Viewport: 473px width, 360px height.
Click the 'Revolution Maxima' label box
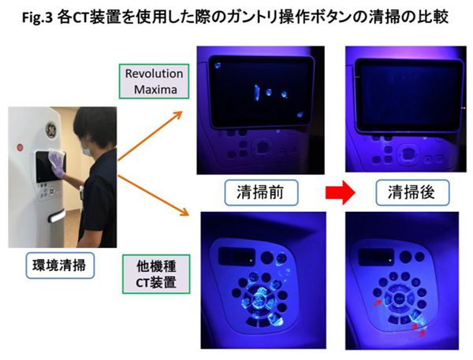155,81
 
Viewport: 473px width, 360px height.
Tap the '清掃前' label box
261,193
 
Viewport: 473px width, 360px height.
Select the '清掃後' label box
412,193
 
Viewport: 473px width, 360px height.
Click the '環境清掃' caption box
60,265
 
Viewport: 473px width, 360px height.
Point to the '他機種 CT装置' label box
156,274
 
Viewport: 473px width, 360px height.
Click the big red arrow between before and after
341,193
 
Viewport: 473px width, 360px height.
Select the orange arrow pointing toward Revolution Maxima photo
151,135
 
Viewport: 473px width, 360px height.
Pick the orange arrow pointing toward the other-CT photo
153,195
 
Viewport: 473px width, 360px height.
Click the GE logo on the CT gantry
51,130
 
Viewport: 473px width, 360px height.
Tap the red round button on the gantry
20,148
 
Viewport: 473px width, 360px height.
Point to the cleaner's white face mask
87,150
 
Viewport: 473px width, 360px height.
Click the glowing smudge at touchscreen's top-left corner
218,65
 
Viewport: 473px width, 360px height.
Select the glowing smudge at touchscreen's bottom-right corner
300,114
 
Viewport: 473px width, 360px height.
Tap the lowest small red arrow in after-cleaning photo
422,333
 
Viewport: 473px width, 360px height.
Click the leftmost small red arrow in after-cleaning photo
377,303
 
